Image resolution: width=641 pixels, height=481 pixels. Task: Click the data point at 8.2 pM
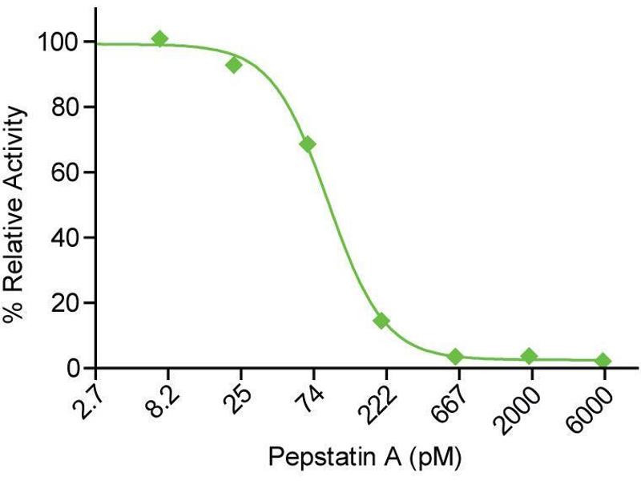tap(160, 38)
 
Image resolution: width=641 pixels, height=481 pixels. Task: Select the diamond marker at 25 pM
tap(234, 64)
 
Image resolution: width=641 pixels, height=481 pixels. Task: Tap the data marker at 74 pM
tap(307, 144)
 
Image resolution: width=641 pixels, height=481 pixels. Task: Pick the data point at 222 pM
tap(381, 321)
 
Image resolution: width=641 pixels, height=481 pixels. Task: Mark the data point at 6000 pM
tap(603, 361)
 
